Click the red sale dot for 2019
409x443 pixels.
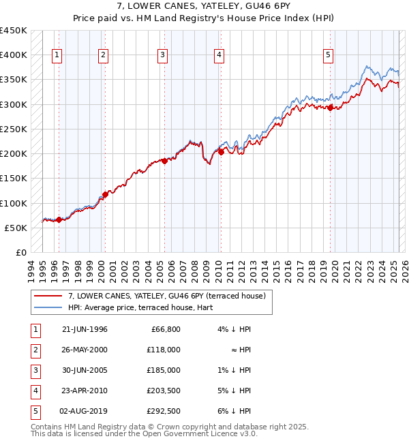tap(330, 107)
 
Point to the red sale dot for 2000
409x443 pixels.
tap(105, 194)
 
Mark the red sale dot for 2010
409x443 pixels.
tap(221, 152)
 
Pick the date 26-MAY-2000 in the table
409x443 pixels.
tap(85, 350)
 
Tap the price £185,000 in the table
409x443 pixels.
tap(165, 370)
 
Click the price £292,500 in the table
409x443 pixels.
tap(165, 411)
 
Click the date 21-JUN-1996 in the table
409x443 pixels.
tap(85, 329)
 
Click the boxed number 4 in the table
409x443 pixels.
tap(34, 391)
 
